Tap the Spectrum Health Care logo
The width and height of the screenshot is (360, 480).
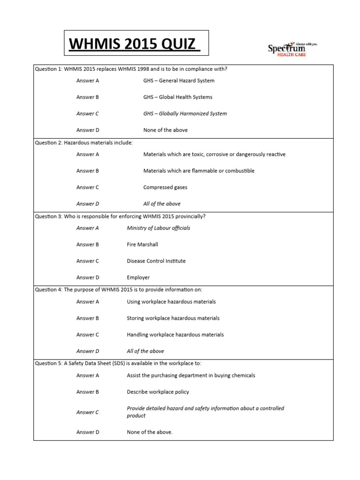click(292, 48)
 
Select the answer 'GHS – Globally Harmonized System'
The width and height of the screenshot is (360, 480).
click(185, 113)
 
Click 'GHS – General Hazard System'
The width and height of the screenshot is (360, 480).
click(179, 81)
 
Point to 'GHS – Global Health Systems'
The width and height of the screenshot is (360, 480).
click(178, 97)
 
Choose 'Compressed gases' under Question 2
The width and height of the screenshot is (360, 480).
click(165, 187)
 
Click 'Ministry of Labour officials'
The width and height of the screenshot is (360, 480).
click(158, 228)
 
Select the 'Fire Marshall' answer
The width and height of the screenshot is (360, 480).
click(142, 245)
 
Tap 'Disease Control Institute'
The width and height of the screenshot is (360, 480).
click(156, 261)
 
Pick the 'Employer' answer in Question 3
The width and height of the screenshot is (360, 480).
click(139, 277)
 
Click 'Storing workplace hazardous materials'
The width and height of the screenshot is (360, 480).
click(173, 318)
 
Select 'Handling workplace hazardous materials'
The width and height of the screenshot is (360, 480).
click(175, 335)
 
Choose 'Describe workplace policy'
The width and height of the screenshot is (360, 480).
click(158, 392)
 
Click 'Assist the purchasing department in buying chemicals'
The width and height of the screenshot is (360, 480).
click(191, 375)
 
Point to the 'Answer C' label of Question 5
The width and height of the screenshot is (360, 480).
click(88, 412)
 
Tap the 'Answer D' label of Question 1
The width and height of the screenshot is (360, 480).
click(88, 130)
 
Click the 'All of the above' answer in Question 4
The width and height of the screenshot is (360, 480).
click(145, 351)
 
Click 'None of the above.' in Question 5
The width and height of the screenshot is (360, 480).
click(150, 432)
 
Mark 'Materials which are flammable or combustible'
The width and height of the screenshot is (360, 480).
click(199, 171)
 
